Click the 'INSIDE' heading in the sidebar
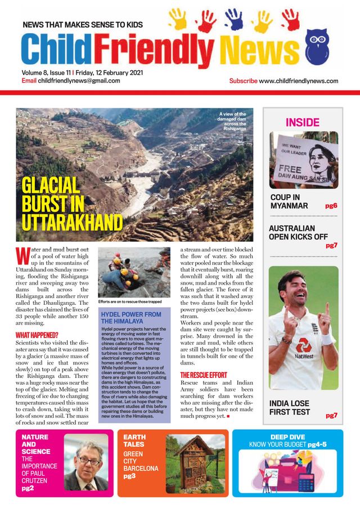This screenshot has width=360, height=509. tap(302, 122)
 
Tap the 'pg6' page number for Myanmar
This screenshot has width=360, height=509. tap(331, 206)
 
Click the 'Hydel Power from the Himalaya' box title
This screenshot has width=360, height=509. tap(130, 318)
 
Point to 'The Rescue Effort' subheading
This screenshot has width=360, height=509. tap(203, 375)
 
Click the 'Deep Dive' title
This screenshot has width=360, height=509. tap(287, 436)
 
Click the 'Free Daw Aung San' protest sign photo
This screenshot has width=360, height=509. tap(303, 160)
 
